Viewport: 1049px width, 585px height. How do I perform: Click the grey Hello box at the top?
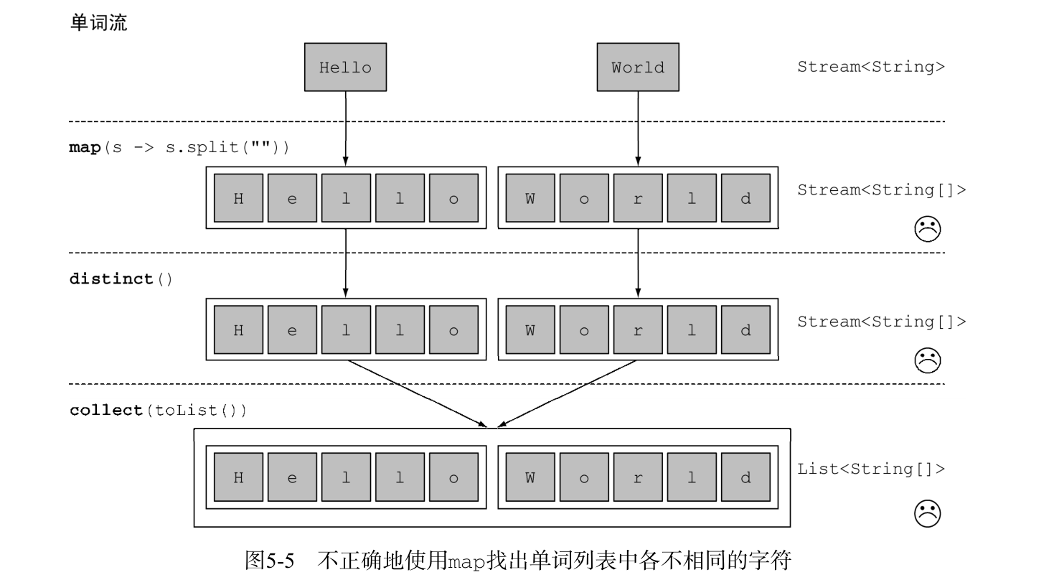pyautogui.click(x=345, y=67)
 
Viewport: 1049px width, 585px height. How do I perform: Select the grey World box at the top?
pyautogui.click(x=638, y=67)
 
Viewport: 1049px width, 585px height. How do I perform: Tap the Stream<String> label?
pyautogui.click(x=870, y=67)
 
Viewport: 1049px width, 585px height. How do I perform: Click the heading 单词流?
pyautogui.click(x=98, y=23)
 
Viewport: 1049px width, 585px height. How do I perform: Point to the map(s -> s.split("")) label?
pyautogui.click(x=179, y=147)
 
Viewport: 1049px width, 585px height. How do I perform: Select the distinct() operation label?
pyautogui.click(x=121, y=279)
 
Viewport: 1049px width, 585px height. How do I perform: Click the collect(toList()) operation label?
pyautogui.click(x=159, y=410)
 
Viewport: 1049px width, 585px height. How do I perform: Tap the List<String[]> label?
pyautogui.click(x=870, y=469)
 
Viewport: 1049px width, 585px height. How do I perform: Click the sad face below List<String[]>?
pyautogui.click(x=927, y=513)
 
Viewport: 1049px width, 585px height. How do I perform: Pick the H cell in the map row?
pyautogui.click(x=238, y=198)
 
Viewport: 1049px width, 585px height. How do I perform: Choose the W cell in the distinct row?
pyautogui.click(x=530, y=330)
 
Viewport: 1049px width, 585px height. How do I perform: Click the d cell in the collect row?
pyautogui.click(x=745, y=477)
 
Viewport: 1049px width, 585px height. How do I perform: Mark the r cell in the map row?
pyautogui.click(x=638, y=198)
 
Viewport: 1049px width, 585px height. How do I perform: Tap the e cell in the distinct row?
pyautogui.click(x=292, y=330)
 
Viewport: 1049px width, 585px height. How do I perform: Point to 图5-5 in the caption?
pyautogui.click(x=270, y=561)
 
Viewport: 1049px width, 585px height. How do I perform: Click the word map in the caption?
pyautogui.click(x=467, y=562)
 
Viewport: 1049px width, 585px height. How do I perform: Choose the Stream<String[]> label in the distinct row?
pyautogui.click(x=881, y=322)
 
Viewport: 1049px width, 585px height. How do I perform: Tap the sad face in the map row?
pyautogui.click(x=927, y=229)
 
